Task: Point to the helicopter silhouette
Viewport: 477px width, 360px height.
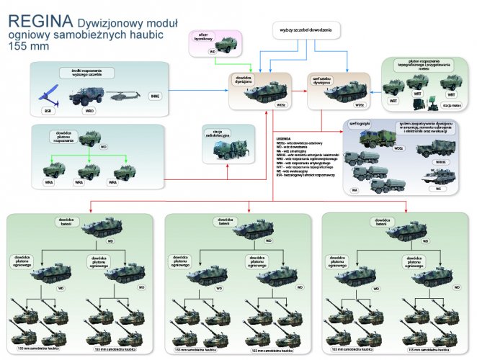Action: [x=125, y=95]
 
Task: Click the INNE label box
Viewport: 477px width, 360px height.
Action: [x=154, y=96]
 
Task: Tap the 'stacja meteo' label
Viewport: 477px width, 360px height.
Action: [x=453, y=104]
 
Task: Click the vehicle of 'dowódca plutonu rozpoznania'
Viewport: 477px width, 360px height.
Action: [x=85, y=140]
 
